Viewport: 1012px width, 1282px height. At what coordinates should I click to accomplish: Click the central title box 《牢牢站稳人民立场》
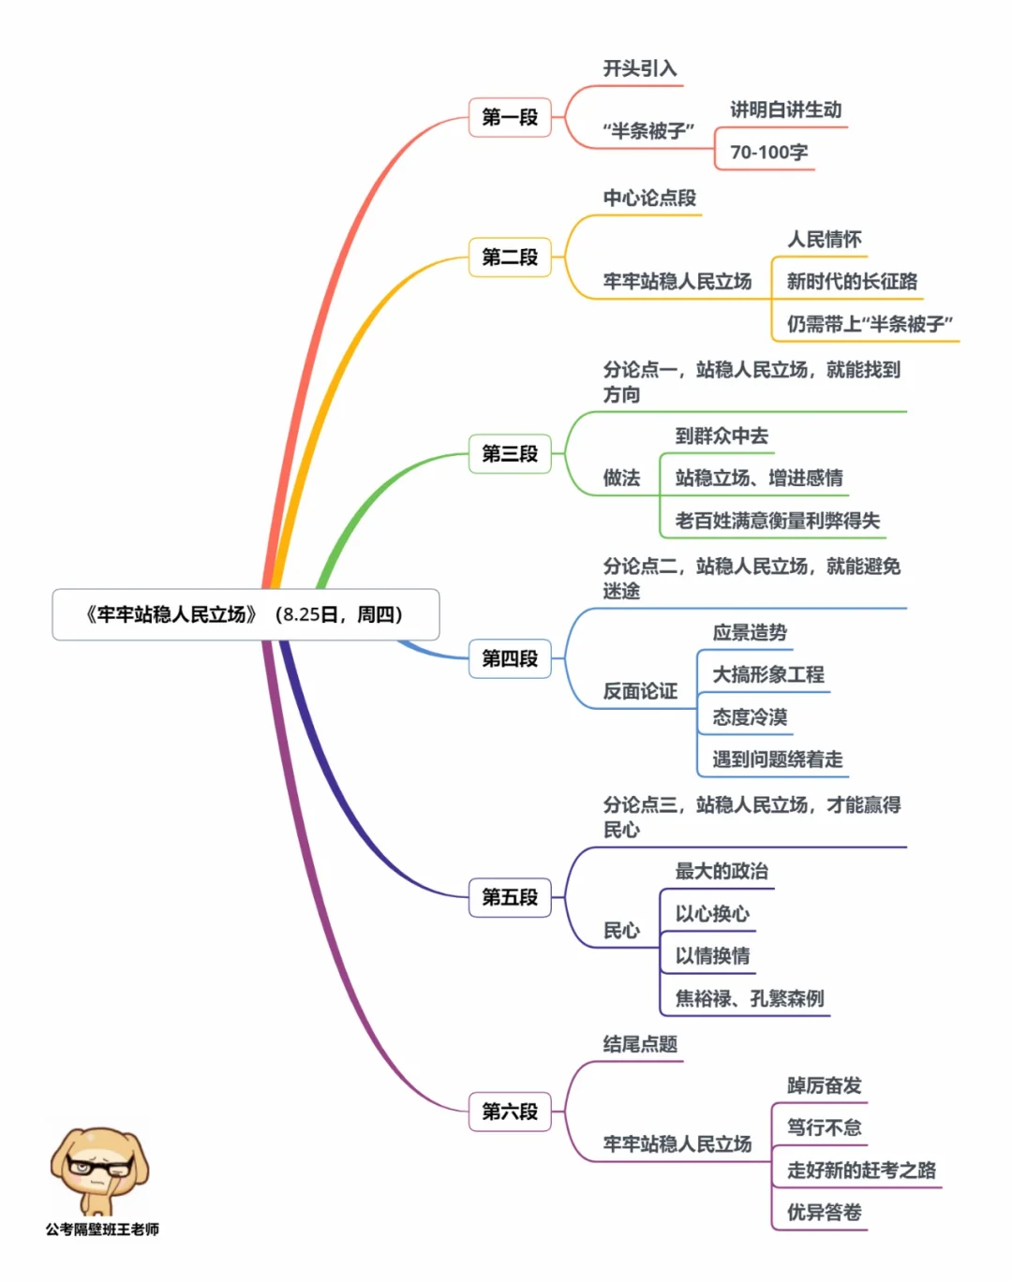246,614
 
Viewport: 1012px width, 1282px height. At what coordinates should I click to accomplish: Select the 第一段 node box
510,117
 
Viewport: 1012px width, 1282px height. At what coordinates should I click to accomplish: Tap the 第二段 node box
510,257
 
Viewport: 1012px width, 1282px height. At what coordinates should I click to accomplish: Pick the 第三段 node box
510,453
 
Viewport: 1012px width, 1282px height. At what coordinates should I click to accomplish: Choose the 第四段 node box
510,658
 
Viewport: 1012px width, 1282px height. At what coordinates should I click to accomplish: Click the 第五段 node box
510,897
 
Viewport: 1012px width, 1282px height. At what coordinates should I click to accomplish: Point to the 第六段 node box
510,1112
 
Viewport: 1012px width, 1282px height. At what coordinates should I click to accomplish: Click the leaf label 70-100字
768,152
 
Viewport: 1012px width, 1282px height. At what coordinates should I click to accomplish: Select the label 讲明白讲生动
785,110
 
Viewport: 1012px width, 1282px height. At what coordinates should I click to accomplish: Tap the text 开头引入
639,68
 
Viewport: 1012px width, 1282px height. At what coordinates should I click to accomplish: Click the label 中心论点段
649,198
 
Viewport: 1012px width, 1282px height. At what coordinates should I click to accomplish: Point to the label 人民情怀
824,239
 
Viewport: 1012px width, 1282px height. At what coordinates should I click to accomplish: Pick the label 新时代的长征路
851,281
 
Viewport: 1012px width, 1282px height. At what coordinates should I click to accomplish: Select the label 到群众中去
722,435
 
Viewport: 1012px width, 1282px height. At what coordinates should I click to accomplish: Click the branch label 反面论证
639,691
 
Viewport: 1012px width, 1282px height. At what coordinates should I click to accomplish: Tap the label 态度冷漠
750,717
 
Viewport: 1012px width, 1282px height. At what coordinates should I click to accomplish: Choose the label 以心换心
712,913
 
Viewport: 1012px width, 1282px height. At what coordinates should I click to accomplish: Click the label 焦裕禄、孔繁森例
750,998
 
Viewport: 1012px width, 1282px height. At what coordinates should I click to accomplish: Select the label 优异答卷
824,1212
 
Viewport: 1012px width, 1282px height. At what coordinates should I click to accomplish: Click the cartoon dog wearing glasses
98,1171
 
